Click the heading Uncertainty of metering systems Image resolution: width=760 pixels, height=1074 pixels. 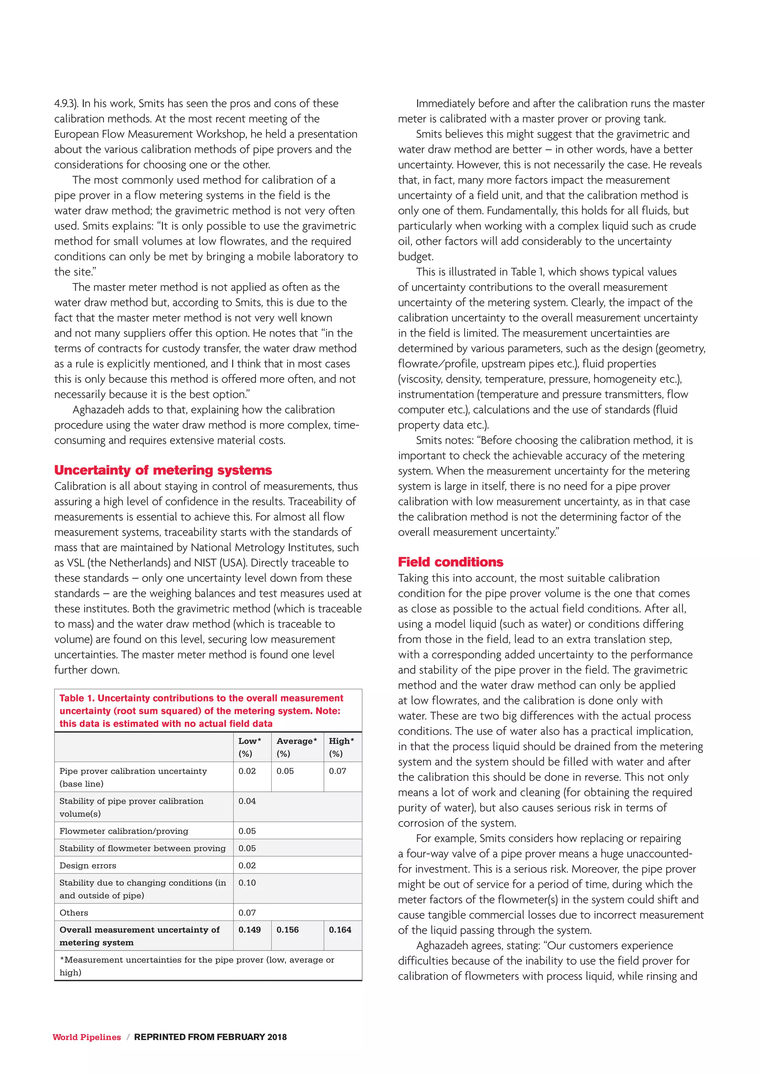click(163, 470)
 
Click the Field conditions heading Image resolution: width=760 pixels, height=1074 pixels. click(450, 562)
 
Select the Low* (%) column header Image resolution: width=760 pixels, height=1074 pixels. click(249, 747)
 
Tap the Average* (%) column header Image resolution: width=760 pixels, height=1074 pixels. click(296, 747)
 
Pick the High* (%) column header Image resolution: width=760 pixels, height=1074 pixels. click(341, 747)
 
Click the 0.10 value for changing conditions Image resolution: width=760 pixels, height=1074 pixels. click(247, 883)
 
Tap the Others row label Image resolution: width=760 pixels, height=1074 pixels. click(73, 913)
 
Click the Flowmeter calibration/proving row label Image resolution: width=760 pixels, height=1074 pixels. click(124, 831)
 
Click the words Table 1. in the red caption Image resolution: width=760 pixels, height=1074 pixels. click(77, 698)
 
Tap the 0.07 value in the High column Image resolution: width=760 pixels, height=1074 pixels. click(337, 771)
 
